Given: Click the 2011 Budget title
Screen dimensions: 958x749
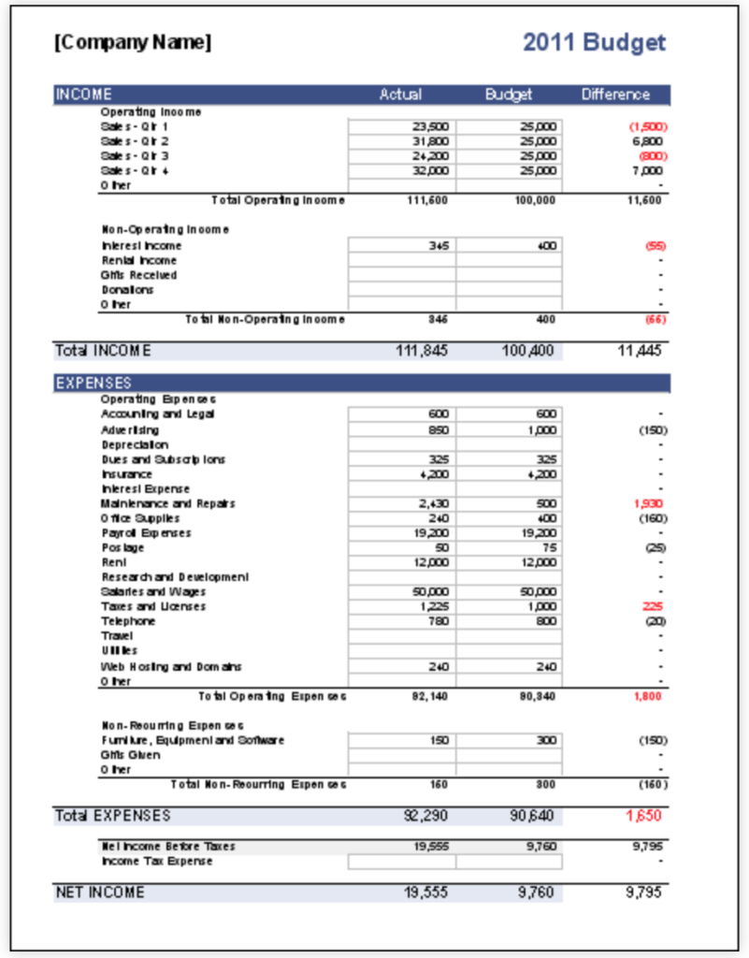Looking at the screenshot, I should pyautogui.click(x=594, y=42).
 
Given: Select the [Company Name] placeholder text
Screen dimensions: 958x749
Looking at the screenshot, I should pyautogui.click(x=133, y=42).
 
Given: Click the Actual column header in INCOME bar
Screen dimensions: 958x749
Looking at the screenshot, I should pyautogui.click(x=400, y=94).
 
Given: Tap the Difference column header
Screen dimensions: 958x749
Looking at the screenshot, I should pyautogui.click(x=615, y=94).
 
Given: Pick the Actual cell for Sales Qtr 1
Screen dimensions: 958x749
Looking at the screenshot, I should pyautogui.click(x=402, y=126).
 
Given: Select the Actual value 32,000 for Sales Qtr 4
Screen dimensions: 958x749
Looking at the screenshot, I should pyautogui.click(x=402, y=171).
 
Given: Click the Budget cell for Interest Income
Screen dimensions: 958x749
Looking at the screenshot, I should pyautogui.click(x=510, y=245).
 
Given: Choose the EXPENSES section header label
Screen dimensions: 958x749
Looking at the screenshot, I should pyautogui.click(x=94, y=383).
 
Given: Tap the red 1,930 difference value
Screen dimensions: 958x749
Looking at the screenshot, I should pyautogui.click(x=648, y=503).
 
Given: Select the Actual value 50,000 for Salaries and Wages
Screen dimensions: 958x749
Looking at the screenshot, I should pyautogui.click(x=402, y=592).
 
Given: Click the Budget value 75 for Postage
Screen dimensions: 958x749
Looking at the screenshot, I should pyautogui.click(x=510, y=547).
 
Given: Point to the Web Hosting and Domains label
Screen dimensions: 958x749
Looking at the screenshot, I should pyautogui.click(x=171, y=666).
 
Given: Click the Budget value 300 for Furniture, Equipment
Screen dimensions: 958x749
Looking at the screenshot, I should pyautogui.click(x=510, y=740).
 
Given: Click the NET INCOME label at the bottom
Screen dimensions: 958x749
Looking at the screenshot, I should pyautogui.click(x=100, y=893).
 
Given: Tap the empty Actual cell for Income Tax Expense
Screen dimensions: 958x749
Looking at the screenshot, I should pyautogui.click(x=402, y=861).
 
